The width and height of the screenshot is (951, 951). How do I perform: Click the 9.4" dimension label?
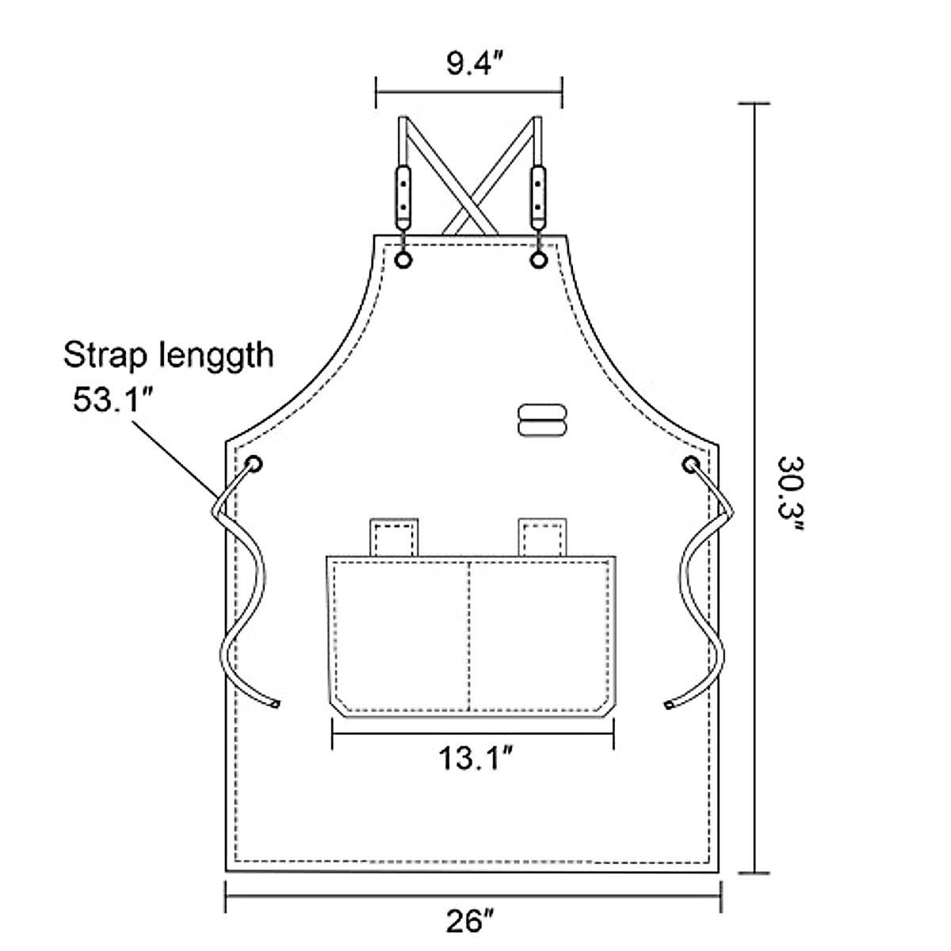point(469,63)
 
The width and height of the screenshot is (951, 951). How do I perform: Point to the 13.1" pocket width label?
point(473,759)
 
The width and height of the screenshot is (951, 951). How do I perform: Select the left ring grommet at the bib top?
point(403,260)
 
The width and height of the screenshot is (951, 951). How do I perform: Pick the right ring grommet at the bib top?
point(539,260)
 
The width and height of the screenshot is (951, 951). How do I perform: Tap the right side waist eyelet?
point(691,464)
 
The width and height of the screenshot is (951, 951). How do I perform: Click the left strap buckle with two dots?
point(403,194)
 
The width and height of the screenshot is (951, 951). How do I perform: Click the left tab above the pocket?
point(394,537)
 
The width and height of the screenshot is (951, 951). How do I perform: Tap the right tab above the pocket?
point(543,537)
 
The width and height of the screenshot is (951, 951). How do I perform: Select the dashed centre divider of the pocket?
point(471,634)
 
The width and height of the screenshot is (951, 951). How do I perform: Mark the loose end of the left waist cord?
point(275,703)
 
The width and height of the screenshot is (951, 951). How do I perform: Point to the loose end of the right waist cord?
point(670,703)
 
